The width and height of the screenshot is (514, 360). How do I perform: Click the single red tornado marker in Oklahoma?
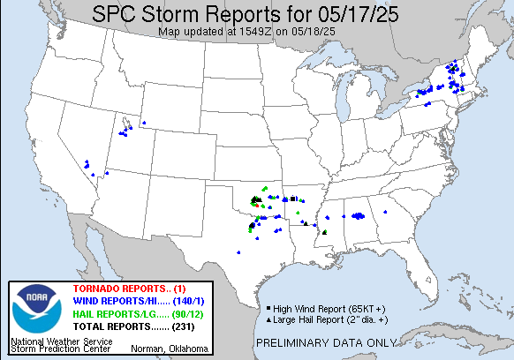point(258,205)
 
